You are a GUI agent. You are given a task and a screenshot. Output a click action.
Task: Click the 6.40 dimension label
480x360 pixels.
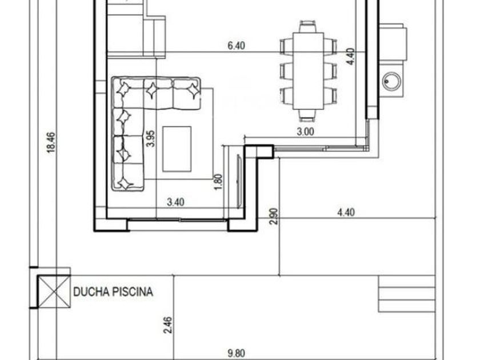click(x=237, y=46)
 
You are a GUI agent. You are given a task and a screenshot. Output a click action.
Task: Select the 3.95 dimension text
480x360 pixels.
click(x=151, y=139)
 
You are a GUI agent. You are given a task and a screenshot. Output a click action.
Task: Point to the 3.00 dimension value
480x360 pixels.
click(x=306, y=131)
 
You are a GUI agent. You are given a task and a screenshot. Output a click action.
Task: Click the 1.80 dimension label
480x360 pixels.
click(x=218, y=182)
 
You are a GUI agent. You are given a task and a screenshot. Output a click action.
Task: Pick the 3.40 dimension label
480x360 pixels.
click(x=176, y=202)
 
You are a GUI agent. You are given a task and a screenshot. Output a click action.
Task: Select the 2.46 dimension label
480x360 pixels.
click(x=168, y=325)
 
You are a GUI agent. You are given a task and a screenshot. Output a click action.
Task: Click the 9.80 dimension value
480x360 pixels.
click(x=237, y=354)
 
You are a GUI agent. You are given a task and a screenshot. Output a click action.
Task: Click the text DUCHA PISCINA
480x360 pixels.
click(x=113, y=292)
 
